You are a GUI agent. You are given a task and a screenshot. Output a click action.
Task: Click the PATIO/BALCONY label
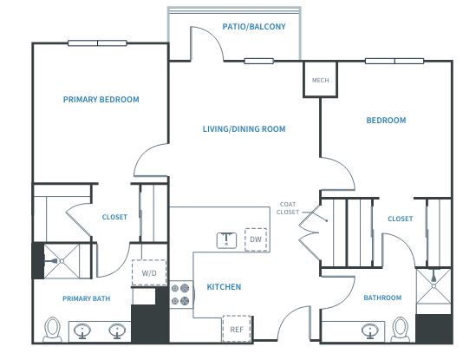(x=254, y=27)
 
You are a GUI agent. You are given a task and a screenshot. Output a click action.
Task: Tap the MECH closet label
(x=320, y=80)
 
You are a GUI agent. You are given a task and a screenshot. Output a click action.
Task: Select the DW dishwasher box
(x=256, y=239)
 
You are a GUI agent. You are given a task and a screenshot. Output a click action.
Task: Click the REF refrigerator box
(x=237, y=329)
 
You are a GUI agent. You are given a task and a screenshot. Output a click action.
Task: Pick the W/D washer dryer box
(x=149, y=272)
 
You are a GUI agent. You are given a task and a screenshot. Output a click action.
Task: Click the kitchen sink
(x=226, y=240)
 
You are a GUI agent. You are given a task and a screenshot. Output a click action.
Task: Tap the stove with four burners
(x=181, y=294)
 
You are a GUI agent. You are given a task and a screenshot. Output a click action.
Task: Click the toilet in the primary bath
(x=52, y=330)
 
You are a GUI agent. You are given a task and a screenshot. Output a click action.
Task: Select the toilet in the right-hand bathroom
(x=400, y=330)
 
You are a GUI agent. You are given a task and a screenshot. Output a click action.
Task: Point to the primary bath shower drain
(x=62, y=261)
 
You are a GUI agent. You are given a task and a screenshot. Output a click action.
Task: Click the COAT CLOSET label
(x=288, y=208)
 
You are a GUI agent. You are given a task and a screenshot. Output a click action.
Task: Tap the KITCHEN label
(x=224, y=287)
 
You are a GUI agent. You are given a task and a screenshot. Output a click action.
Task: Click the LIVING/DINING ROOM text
(x=245, y=128)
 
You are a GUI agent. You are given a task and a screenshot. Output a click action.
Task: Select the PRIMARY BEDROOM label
(x=101, y=100)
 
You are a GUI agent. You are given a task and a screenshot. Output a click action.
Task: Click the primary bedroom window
(x=97, y=43)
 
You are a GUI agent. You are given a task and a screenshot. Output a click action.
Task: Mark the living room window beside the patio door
(x=259, y=61)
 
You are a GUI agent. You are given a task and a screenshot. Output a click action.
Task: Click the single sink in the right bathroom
(x=370, y=331)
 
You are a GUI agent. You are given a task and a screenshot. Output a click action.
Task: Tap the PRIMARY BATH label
(x=86, y=298)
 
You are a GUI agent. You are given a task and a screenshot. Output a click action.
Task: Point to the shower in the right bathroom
(x=434, y=286)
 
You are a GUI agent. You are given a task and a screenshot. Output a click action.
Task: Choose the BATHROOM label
(x=382, y=298)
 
